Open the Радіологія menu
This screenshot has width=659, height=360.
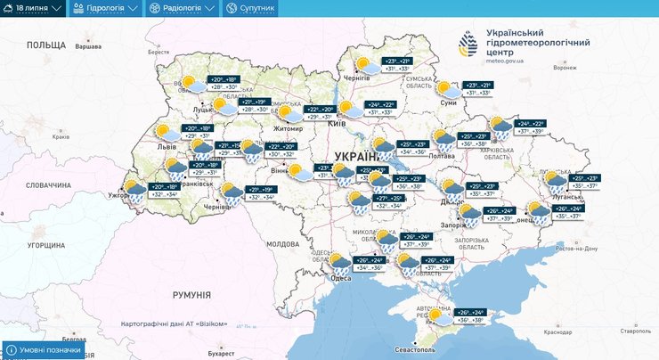tap(182, 8)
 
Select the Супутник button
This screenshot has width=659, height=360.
tap(251, 8)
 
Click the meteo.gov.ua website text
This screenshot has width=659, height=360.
tap(505, 61)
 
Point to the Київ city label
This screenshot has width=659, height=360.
tap(337, 123)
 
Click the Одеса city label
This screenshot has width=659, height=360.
tap(340, 278)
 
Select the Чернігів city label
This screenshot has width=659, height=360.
tap(356, 78)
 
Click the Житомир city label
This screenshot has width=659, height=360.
tap(289, 128)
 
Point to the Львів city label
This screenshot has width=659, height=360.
tap(167, 145)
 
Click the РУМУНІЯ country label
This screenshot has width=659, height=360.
tap(191, 295)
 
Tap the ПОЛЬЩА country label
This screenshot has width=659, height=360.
tap(46, 44)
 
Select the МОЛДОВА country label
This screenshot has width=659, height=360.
tap(283, 243)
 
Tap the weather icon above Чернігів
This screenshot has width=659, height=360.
tap(364, 63)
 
